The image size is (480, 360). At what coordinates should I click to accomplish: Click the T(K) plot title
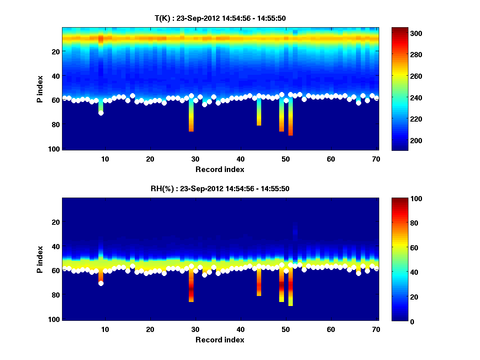220,18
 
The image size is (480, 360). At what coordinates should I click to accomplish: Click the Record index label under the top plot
220,169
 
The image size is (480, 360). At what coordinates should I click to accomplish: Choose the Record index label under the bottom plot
220,340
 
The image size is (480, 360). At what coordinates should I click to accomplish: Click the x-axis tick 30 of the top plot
195,159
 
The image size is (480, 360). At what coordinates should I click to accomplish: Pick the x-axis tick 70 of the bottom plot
376,329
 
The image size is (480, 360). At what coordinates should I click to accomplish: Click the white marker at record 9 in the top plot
101,113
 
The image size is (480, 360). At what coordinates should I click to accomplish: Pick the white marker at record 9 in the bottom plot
101,283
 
